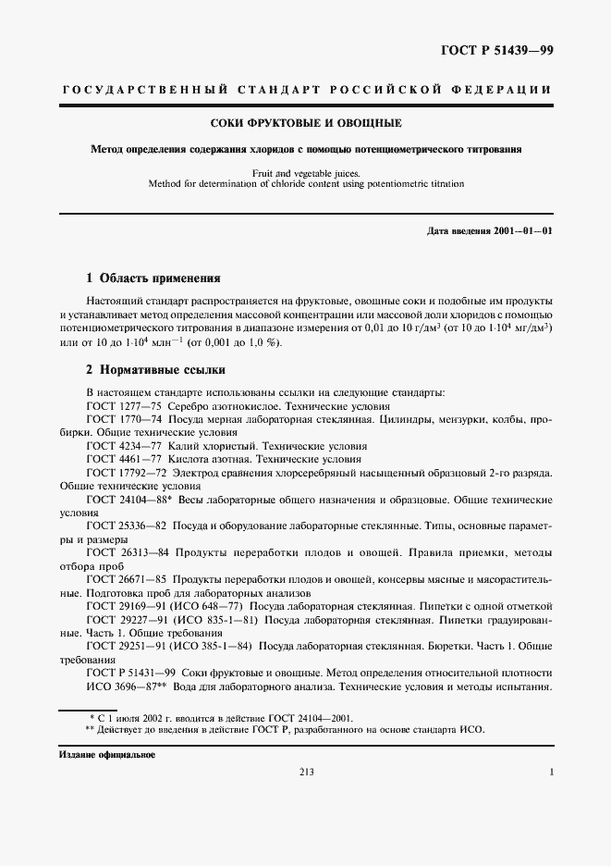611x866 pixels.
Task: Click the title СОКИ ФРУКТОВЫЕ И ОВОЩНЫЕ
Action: [x=306, y=122]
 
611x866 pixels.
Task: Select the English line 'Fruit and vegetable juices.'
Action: [x=305, y=172]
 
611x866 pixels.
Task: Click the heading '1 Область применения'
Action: [x=153, y=278]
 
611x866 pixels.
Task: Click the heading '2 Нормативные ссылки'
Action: [x=152, y=368]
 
